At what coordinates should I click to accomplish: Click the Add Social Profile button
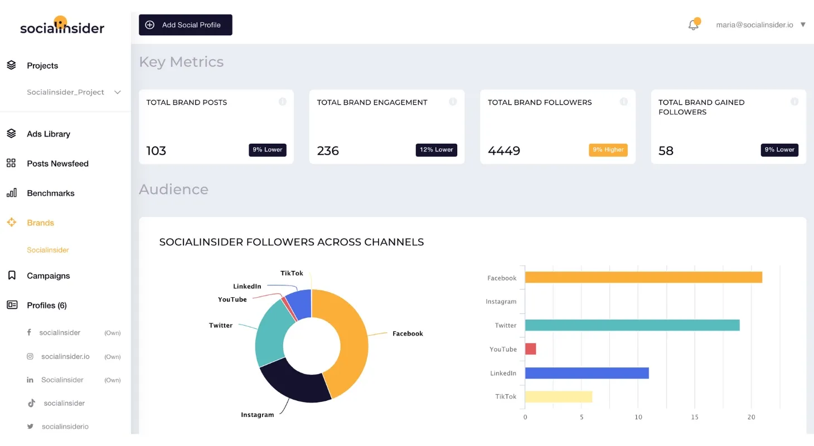coord(186,25)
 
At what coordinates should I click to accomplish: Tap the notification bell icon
coord(693,25)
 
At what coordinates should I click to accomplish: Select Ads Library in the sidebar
coord(49,134)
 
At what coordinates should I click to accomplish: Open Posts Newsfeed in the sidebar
coord(57,163)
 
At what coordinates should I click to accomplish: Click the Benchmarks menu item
coord(50,193)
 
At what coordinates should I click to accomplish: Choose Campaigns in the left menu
coord(49,275)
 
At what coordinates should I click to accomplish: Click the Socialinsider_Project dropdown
coord(74,92)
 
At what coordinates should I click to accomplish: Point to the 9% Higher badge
coord(608,150)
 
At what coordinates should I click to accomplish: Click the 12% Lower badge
coord(436,150)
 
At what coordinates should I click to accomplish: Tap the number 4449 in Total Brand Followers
coord(504,151)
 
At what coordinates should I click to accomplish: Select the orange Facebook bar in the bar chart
coord(643,277)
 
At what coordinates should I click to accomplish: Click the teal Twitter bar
coord(632,325)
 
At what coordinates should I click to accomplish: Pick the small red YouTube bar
coord(530,349)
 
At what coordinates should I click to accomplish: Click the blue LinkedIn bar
coord(587,373)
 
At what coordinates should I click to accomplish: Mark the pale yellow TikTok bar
coord(558,396)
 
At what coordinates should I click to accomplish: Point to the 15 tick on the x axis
coord(695,417)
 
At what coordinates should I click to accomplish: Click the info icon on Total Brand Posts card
coord(282,101)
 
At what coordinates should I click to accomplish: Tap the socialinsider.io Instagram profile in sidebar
coord(65,356)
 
